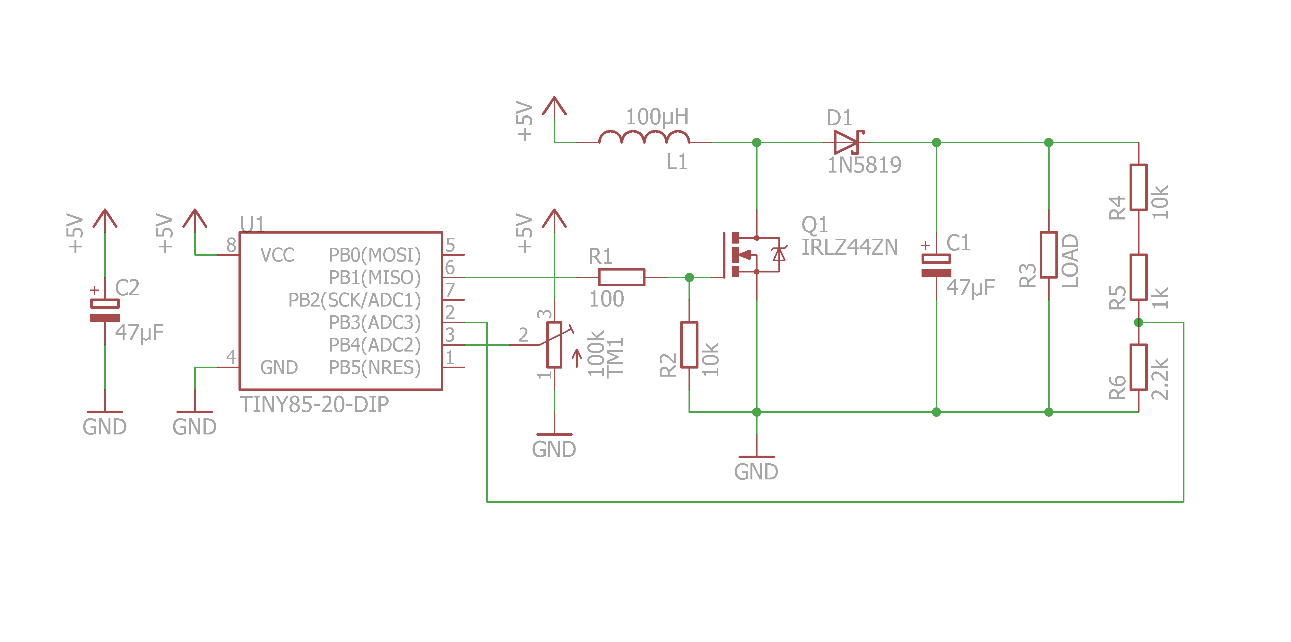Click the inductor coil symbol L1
(x=644, y=138)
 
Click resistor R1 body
(x=621, y=277)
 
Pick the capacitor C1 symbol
(x=936, y=266)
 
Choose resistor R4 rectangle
(x=1138, y=187)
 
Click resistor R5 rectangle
(x=1138, y=277)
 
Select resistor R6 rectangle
(x=1138, y=367)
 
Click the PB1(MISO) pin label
(x=374, y=277)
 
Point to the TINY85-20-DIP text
(x=314, y=404)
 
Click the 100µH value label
(x=657, y=117)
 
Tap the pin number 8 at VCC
(x=231, y=245)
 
